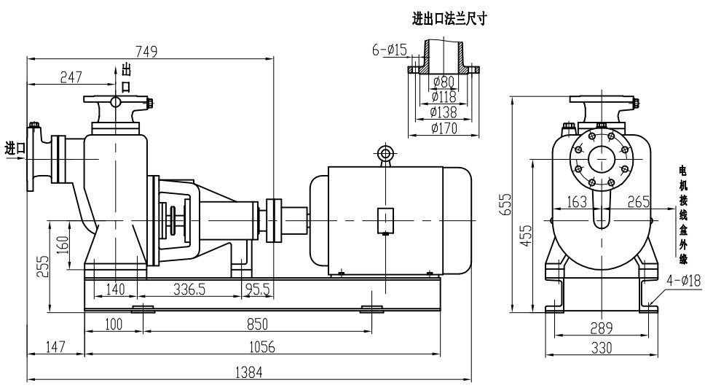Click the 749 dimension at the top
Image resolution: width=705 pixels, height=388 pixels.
pos(146,51)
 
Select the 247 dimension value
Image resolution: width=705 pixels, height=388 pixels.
pos(71,77)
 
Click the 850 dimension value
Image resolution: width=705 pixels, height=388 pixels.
pos(259,323)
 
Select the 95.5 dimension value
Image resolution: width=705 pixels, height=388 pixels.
pos(256,289)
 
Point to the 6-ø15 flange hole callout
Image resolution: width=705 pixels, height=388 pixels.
pos(389,50)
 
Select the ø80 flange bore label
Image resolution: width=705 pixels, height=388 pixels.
pos(443,80)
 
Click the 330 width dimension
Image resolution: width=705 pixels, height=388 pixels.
pos(601,348)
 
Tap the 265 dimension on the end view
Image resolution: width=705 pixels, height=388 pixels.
pos(638,202)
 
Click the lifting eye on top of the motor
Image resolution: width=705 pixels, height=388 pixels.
pos(385,153)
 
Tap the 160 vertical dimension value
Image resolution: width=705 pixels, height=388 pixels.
pos(63,241)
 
